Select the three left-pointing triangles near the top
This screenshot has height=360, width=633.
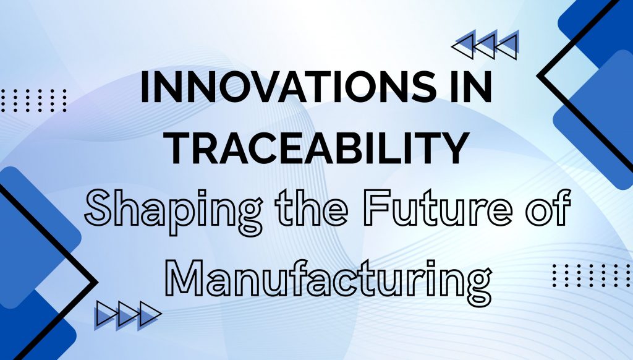[485, 45]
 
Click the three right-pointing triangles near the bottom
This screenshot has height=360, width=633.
[128, 315]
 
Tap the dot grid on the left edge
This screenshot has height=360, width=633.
[33, 100]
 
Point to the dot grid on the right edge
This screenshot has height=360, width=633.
[592, 275]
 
